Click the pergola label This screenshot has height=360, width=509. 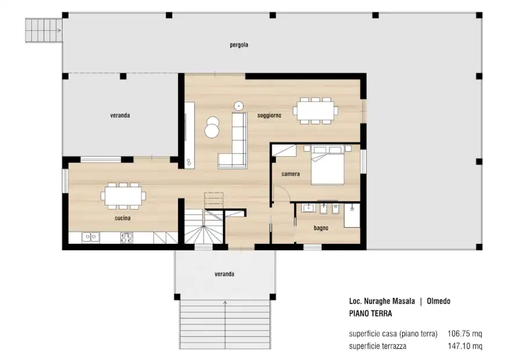[239, 45]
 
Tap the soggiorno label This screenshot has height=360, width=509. [269, 115]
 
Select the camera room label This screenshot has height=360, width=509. [291, 174]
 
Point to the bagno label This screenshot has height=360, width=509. [321, 228]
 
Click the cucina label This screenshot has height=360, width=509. [122, 218]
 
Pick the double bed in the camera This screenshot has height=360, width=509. [327, 165]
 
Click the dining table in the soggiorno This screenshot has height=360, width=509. [316, 111]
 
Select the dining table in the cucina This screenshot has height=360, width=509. [123, 196]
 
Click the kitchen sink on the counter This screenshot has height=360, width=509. [91, 237]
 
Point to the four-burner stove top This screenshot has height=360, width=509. [127, 237]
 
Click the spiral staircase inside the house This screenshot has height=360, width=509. [204, 226]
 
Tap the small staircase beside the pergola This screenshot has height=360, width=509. [44, 30]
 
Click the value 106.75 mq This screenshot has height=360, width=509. [464, 334]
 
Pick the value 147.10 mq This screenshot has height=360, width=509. [465, 346]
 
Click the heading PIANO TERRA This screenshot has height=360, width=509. [370, 314]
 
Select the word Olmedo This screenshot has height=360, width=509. [438, 301]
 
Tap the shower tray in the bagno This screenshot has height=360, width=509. [352, 215]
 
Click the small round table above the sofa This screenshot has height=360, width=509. [239, 106]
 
